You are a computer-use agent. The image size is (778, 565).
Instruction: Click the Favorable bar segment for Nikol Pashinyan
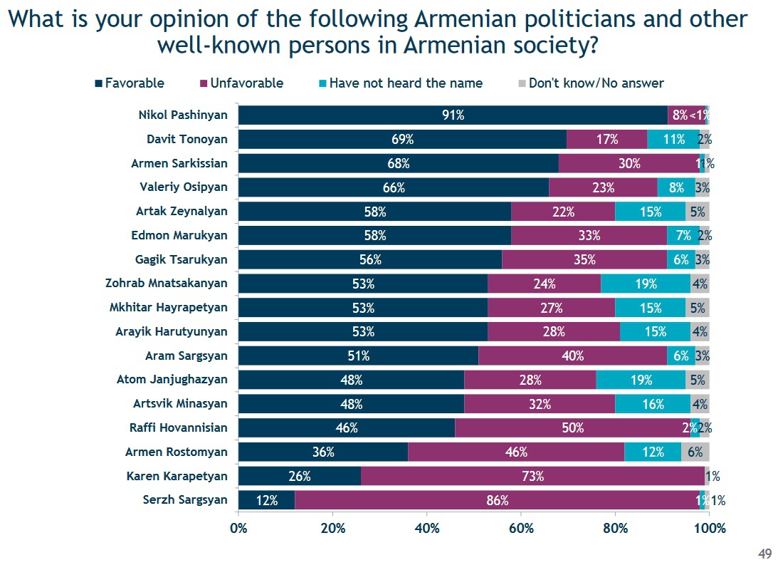point(453,115)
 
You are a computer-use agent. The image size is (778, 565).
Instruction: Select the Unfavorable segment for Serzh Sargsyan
point(497,500)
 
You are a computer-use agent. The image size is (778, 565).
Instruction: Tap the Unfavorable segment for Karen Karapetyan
point(532,476)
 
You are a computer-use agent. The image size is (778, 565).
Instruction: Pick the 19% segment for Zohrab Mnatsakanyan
point(645,284)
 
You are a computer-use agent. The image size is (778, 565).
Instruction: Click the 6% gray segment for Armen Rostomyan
point(695,452)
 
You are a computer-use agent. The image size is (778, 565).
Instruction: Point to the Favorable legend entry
point(130,83)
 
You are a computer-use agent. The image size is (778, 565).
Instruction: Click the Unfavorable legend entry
point(241,83)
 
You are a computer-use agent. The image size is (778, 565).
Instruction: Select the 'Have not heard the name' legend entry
point(400,83)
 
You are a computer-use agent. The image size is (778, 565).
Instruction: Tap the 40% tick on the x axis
point(426,529)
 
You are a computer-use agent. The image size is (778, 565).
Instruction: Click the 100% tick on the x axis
point(710,529)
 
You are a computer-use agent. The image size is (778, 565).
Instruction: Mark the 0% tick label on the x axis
point(238,529)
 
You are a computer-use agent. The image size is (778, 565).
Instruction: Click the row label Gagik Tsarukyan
point(182,259)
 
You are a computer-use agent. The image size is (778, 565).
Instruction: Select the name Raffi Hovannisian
point(179,427)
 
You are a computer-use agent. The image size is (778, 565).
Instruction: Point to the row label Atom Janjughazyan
point(172,380)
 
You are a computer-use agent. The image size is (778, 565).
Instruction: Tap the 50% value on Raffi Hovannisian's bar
point(572,428)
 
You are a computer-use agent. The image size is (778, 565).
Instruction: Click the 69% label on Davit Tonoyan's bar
point(402,140)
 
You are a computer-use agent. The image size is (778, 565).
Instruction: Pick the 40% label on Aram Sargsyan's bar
point(572,356)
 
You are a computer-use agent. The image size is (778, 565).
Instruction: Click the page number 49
point(765,554)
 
